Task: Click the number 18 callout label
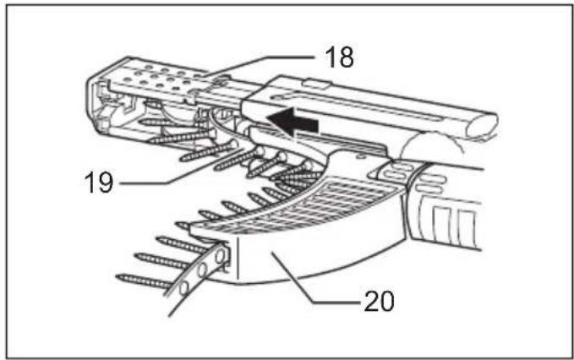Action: click(x=339, y=57)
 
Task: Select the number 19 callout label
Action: click(x=98, y=182)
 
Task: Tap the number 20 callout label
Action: click(x=379, y=302)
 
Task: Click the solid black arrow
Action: click(x=292, y=122)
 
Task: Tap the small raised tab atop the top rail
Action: click(x=315, y=84)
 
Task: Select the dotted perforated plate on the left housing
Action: click(x=165, y=78)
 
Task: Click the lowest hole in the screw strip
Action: click(x=184, y=288)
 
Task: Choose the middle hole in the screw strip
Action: click(x=202, y=270)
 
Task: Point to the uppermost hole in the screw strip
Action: click(x=221, y=256)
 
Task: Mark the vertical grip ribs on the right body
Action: click(x=454, y=223)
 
